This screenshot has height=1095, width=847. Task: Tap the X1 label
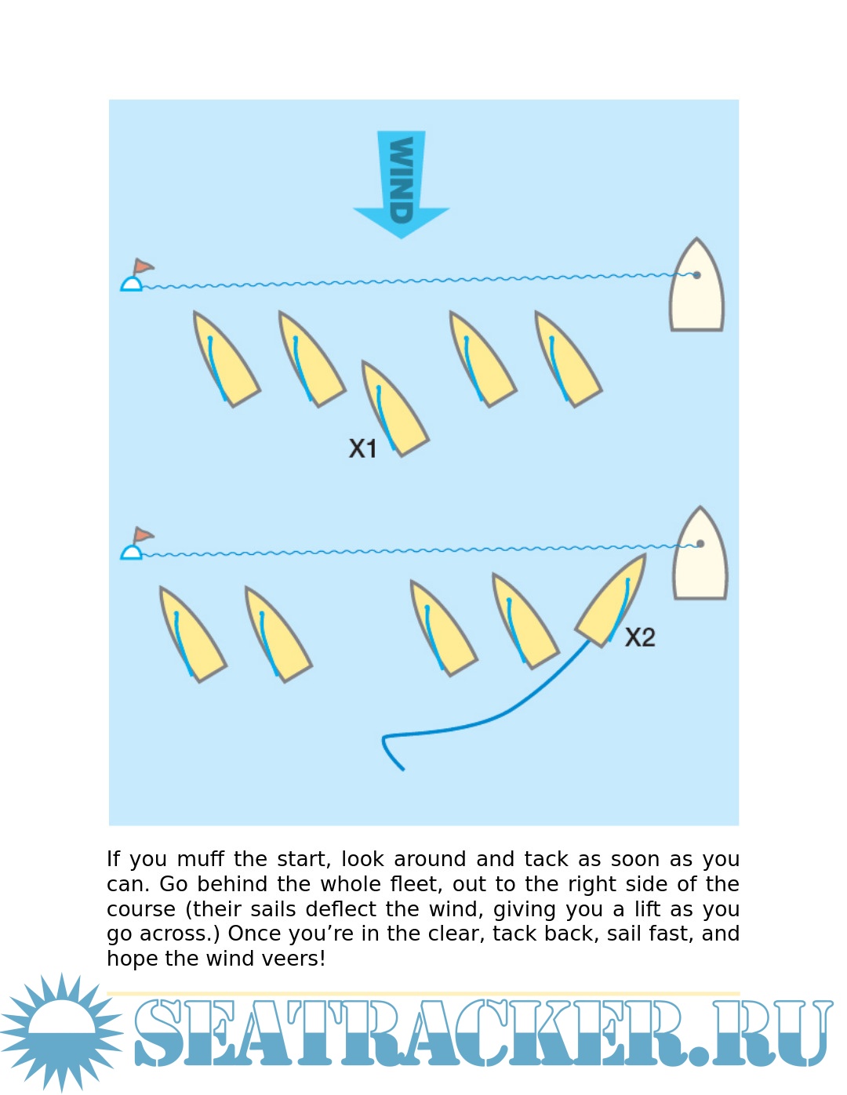point(362,448)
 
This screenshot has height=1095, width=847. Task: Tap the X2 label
point(640,637)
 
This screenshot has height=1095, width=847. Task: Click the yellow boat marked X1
point(394,408)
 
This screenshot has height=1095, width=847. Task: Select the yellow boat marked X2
point(613,600)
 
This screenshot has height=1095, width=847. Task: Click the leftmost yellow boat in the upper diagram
point(225,359)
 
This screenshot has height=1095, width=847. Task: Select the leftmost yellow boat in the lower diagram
point(191,633)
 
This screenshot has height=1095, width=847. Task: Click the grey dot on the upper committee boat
point(696,275)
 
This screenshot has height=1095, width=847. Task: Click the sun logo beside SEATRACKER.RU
point(61,1032)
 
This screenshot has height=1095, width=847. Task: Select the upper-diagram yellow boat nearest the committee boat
point(567,359)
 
